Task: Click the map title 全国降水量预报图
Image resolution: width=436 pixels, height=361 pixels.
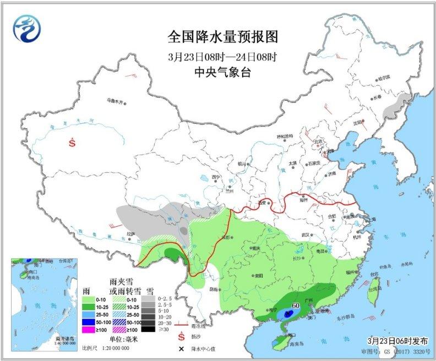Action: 223,37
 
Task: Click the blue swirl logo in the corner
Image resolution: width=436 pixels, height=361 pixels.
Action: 27,28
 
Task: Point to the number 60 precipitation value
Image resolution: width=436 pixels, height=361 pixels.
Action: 295,305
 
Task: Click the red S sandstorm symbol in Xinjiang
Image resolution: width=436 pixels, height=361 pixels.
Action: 72,143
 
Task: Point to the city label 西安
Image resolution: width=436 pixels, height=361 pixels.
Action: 260,203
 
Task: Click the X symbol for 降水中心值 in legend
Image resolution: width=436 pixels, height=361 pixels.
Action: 180,349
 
